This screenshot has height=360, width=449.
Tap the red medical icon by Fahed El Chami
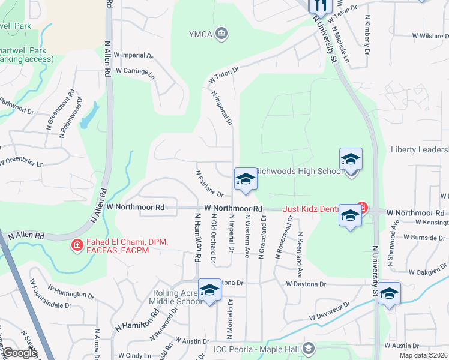coord(77,245)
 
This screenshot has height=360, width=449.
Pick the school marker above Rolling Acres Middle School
coord(210,291)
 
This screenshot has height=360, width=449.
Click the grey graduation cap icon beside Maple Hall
coord(309,348)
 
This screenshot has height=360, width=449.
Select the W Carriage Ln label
coord(135,70)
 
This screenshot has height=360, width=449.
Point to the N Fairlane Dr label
coord(209,184)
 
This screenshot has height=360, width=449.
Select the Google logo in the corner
coord(19,353)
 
